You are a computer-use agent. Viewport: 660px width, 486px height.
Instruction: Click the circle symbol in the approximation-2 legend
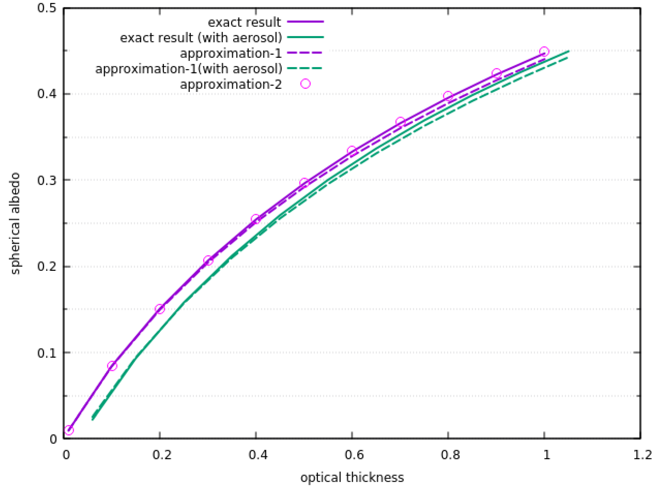pos(306,84)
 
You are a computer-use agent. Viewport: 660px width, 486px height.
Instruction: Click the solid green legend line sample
pos(306,37)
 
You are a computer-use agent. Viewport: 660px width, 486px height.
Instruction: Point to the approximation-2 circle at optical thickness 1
pos(544,52)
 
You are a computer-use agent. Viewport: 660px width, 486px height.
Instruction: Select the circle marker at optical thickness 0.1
pos(112,366)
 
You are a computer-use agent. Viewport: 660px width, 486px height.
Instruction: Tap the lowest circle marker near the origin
pos(68,430)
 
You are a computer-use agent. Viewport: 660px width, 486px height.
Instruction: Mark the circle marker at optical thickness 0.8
pos(448,96)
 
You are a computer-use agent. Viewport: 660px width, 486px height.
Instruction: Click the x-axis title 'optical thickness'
pos(352,477)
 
